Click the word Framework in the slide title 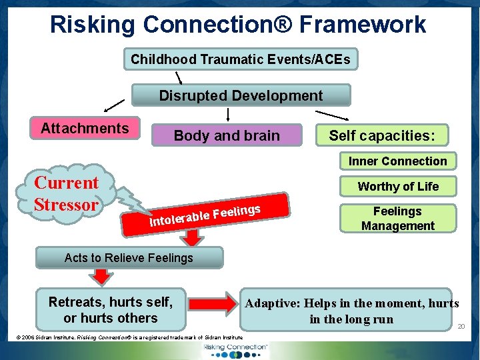coord(363,25)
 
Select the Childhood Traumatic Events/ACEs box coord(241,59)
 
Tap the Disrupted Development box coord(241,95)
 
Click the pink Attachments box coord(85,128)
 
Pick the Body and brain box coord(227,135)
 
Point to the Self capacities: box coord(382,135)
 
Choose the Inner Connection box coord(397,161)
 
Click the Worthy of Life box coord(398,187)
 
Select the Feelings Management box coord(397,218)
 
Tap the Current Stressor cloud coord(67,193)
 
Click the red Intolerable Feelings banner coord(207,213)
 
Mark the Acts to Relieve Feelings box coord(129,257)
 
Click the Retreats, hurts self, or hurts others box coord(111,310)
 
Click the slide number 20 coord(461,326)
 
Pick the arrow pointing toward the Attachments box coord(114,105)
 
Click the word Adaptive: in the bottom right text coord(272,303)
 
